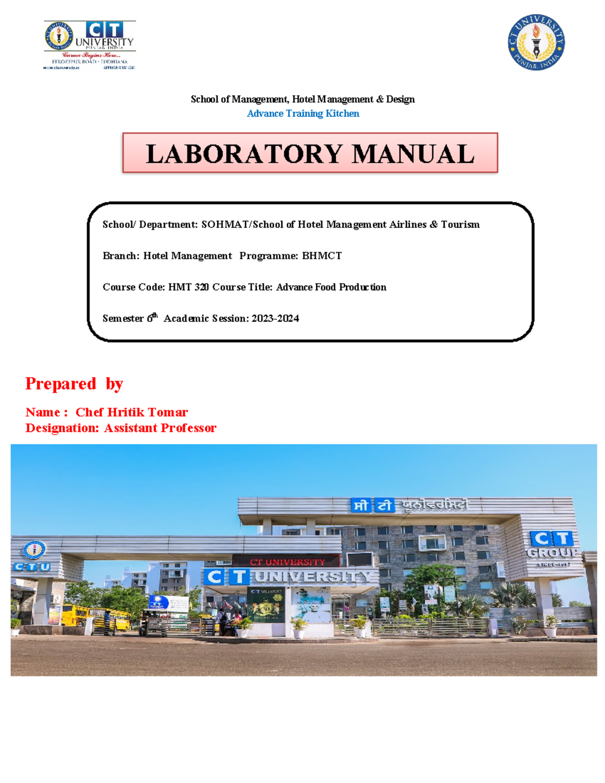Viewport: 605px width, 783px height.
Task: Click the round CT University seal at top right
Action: tap(536, 42)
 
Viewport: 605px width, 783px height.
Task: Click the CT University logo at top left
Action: tap(90, 44)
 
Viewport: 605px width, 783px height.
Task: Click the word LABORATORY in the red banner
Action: tap(244, 154)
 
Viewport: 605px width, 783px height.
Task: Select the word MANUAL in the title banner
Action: tap(413, 154)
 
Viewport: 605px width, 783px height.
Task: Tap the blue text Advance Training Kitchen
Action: tap(302, 113)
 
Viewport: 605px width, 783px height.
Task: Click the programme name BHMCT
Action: tap(322, 256)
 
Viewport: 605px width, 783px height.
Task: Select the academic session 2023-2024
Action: tap(275, 318)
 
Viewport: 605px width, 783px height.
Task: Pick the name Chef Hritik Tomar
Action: tap(132, 412)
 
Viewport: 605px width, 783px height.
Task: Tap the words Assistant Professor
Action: tap(160, 428)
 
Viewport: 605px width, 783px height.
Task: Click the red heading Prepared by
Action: tap(74, 384)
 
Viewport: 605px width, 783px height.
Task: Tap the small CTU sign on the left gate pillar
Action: tap(32, 566)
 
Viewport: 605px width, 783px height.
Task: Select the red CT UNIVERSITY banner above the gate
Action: tap(287, 562)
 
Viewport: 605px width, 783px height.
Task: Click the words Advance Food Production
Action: tap(331, 287)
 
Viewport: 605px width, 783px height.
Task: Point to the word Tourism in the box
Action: tap(460, 224)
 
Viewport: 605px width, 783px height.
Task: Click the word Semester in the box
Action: tap(123, 318)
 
